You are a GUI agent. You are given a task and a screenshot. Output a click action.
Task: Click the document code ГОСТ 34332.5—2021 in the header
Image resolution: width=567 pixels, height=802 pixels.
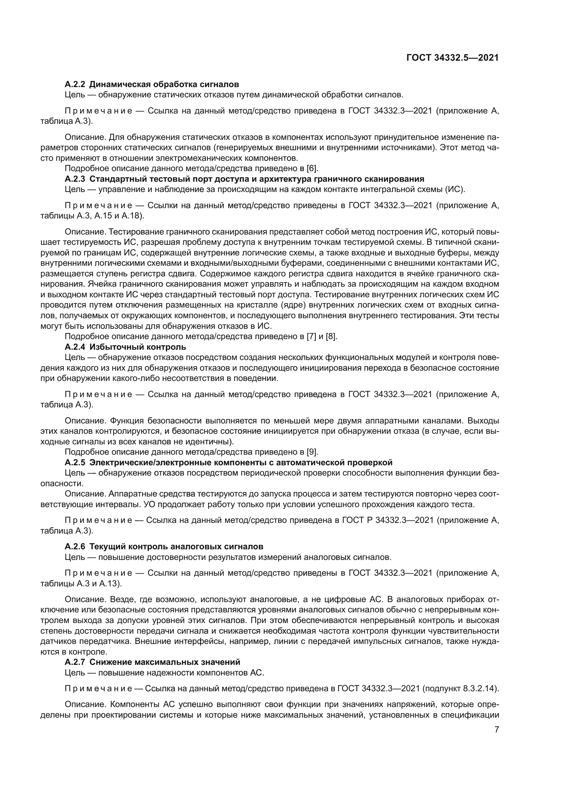click(452, 58)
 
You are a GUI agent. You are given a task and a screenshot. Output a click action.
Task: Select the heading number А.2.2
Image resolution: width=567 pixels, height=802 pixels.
click(75, 84)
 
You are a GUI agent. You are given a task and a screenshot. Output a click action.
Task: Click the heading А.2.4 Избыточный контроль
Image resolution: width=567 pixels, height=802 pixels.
click(125, 347)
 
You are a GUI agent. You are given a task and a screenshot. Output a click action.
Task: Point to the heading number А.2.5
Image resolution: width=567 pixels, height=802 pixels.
click(75, 463)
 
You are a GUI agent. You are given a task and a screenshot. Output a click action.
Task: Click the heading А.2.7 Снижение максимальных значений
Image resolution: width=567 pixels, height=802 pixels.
click(153, 662)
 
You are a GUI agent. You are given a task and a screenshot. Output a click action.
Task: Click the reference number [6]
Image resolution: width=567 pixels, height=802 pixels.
click(312, 168)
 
